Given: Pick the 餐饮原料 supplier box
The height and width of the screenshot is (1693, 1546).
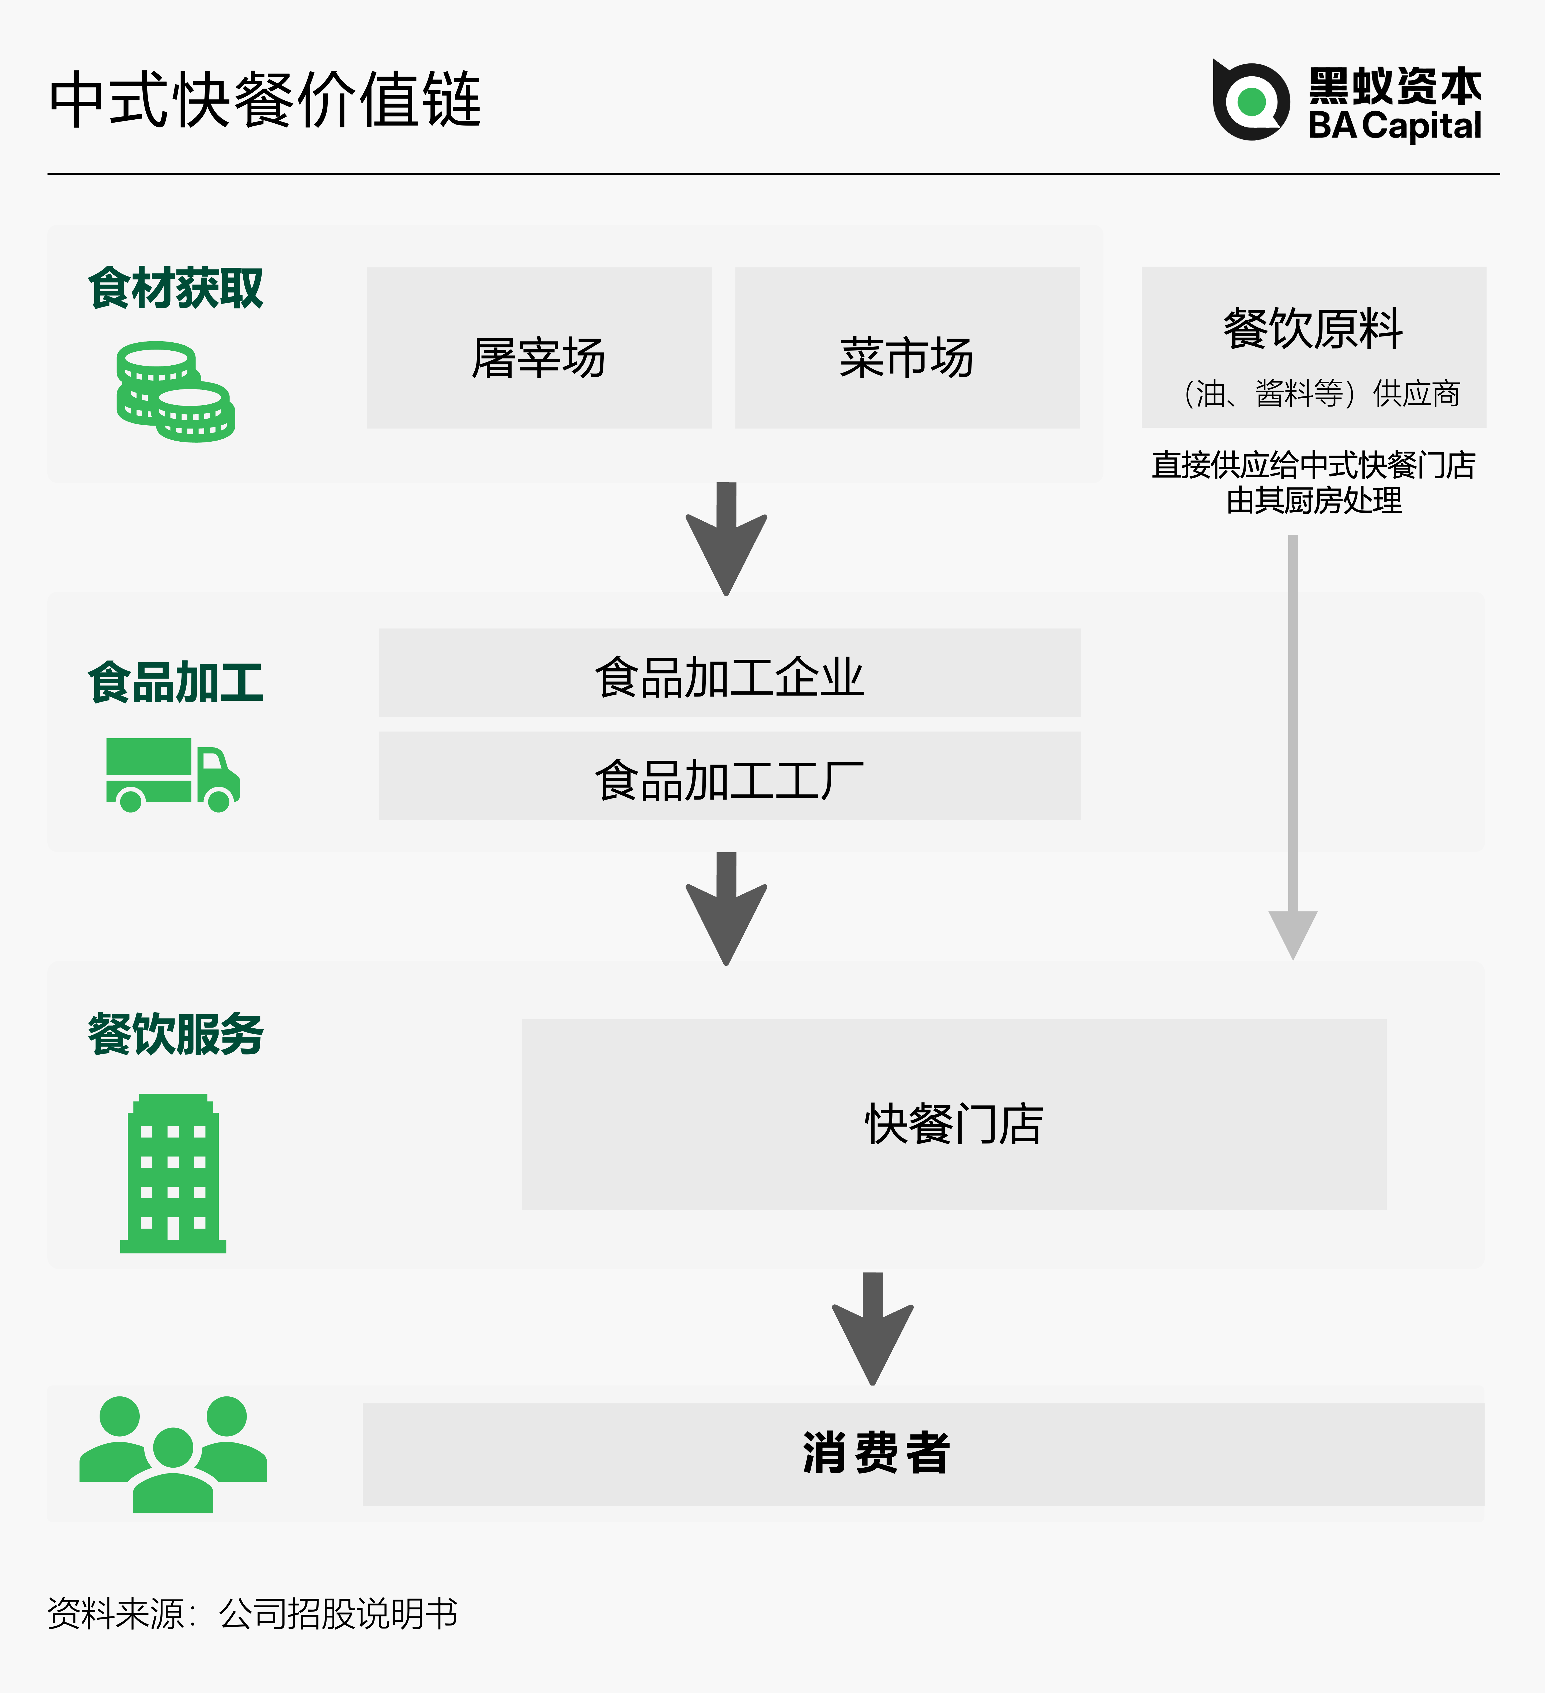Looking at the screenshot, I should tap(1313, 347).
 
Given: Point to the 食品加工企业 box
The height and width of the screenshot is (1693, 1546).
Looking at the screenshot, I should tap(729, 673).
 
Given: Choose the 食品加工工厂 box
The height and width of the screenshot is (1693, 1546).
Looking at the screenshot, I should tap(729, 776).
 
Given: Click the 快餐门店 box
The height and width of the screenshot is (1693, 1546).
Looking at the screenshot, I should tap(953, 1114).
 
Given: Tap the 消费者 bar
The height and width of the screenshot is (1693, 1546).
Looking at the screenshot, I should tap(923, 1454).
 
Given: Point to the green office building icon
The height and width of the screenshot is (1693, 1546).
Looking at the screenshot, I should tap(173, 1173).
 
